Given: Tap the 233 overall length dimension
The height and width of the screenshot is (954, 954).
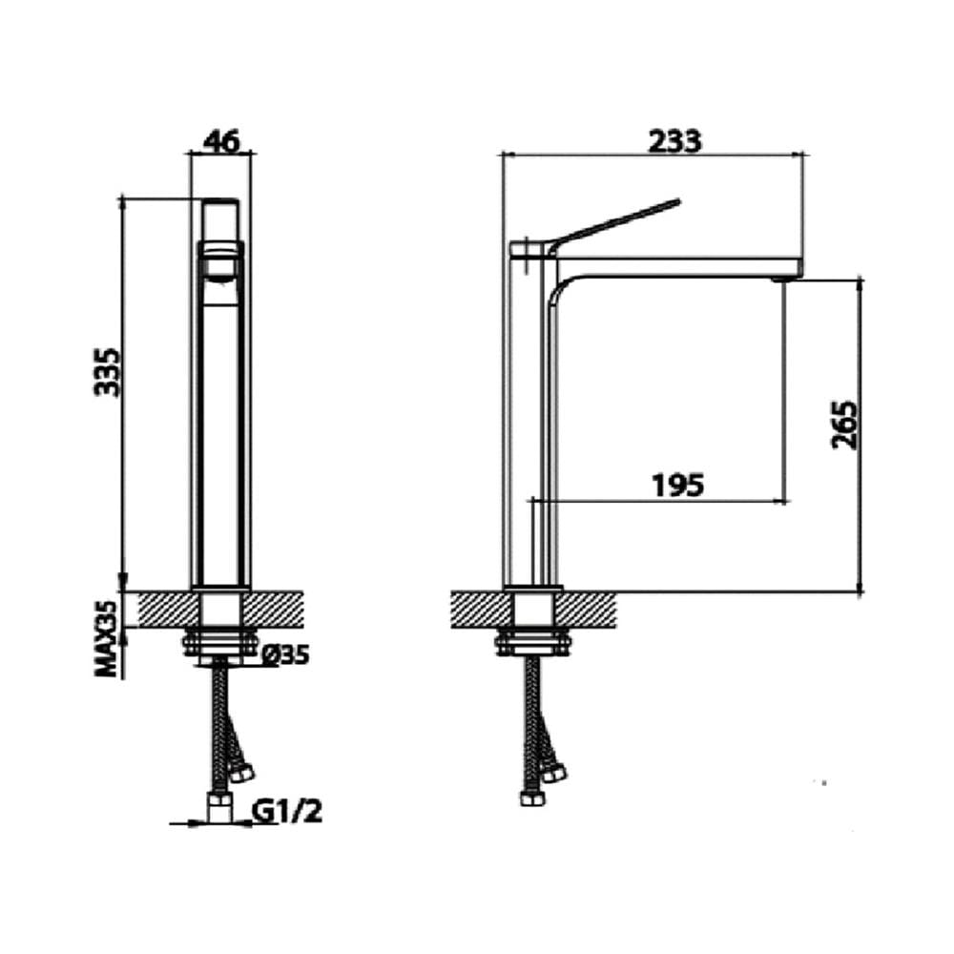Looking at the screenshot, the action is point(674,141).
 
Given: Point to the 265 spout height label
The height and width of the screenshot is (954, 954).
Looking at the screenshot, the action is point(844,425).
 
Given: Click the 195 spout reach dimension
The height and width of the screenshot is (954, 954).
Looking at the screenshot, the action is point(677,485).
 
